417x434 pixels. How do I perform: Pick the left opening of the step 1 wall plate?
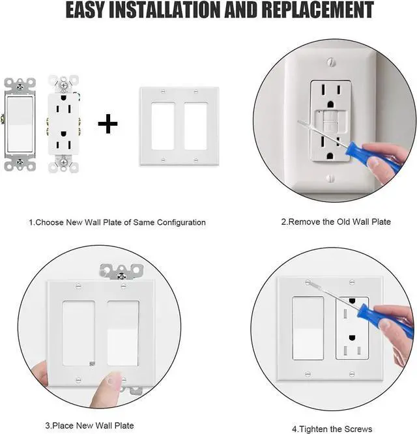pyautogui.click(x=162, y=125)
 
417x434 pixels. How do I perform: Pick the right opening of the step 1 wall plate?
pyautogui.click(x=195, y=125)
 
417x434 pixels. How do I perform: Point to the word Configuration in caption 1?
pyautogui.click(x=180, y=222)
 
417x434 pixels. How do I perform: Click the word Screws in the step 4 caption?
pyautogui.click(x=359, y=429)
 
